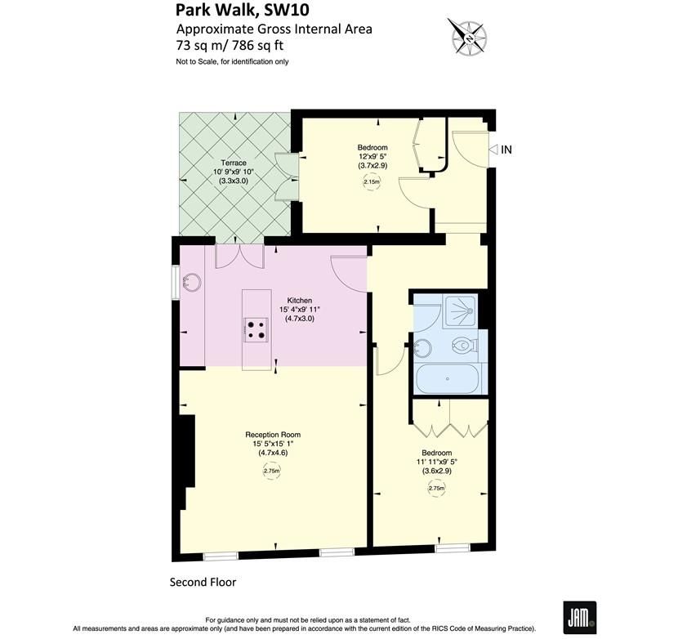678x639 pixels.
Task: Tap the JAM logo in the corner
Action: point(578,615)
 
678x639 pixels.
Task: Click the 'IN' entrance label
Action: point(506,150)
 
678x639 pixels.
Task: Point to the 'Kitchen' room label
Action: point(300,300)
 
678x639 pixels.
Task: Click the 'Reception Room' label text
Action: point(273,434)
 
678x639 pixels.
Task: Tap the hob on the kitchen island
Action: point(256,328)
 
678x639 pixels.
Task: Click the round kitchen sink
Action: point(193,284)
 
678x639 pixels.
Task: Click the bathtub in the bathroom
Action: point(448,379)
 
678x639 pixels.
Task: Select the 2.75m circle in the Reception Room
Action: point(272,471)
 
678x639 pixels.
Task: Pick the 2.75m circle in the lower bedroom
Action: point(437,489)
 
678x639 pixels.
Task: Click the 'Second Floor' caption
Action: point(203,582)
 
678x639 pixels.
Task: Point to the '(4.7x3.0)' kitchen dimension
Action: point(300,319)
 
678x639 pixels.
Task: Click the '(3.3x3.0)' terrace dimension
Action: point(234,181)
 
